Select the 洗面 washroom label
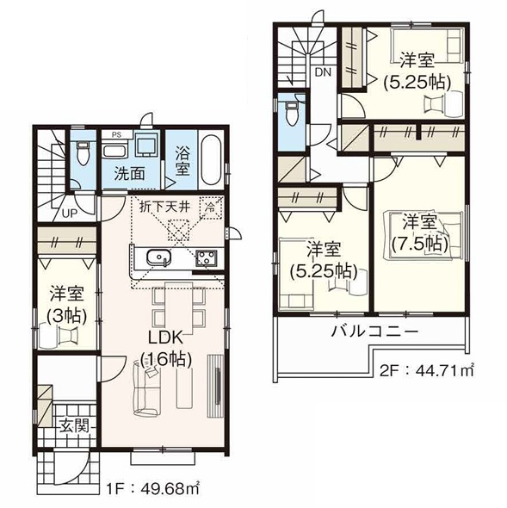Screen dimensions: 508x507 click(x=130, y=171)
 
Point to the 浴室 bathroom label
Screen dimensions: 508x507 click(x=182, y=162)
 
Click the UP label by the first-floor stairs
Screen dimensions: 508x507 click(x=67, y=213)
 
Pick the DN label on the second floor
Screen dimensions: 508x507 click(x=322, y=73)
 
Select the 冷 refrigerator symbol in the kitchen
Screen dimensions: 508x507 click(x=209, y=207)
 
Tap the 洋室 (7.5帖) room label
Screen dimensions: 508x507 click(x=420, y=232)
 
